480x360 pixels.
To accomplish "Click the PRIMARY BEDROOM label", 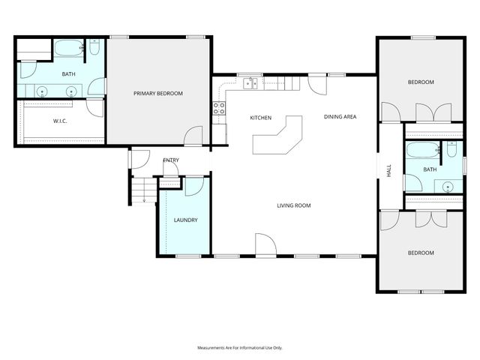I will (158, 93).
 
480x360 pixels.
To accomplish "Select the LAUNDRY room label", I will (185, 220).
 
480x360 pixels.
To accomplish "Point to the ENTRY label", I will (171, 160).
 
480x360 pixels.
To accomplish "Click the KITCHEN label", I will (260, 118).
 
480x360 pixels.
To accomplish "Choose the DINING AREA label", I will (340, 116).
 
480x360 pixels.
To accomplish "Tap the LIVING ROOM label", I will (293, 205).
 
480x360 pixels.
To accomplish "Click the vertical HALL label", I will (388, 171).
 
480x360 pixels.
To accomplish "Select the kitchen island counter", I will (278, 138).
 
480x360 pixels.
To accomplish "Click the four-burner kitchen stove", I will (219, 107).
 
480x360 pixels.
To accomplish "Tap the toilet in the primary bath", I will (95, 49).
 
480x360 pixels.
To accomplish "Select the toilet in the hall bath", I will (451, 150).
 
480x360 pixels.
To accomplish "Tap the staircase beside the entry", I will (142, 188).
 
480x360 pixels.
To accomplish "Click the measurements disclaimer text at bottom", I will (239, 348).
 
